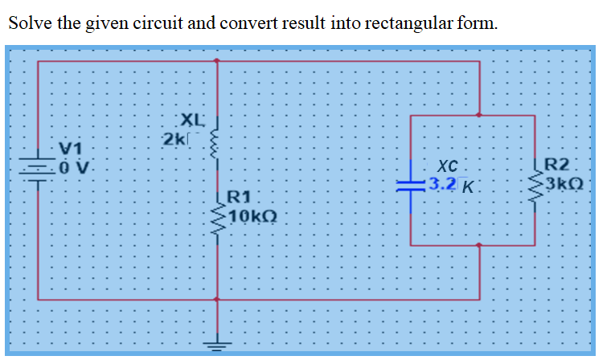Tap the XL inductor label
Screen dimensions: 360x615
coord(192,121)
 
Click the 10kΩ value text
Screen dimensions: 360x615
coord(252,215)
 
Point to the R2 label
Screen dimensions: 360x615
coord(558,168)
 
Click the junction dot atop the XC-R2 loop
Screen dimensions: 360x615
coord(480,115)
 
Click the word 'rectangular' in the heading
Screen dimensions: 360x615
coord(414,22)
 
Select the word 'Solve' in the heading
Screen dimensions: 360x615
coord(31,22)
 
